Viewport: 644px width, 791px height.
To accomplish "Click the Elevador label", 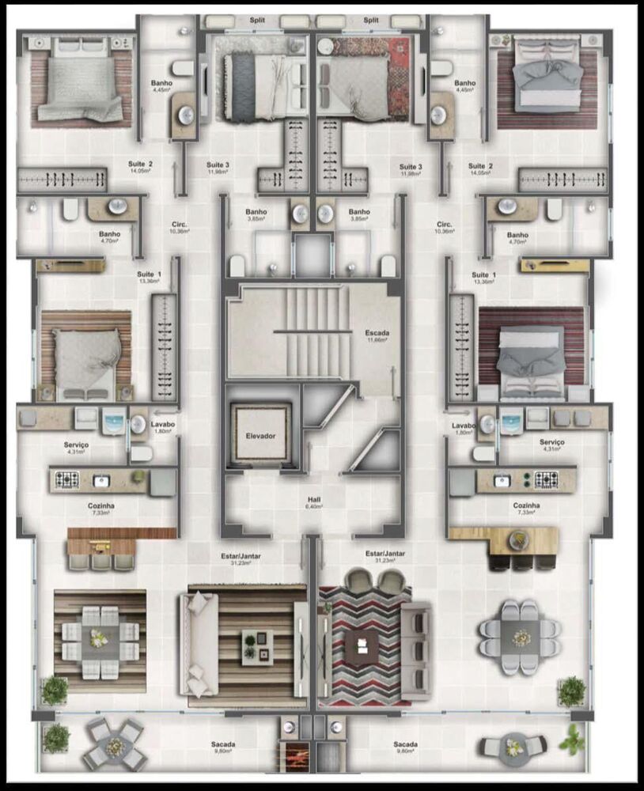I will click(259, 436).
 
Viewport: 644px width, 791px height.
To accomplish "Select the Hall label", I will click(314, 500).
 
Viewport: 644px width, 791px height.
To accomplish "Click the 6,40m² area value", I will click(314, 508).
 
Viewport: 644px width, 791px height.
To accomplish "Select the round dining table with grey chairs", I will click(520, 636).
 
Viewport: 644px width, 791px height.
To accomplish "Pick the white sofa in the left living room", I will click(198, 645).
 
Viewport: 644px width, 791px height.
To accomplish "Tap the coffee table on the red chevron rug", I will click(361, 645).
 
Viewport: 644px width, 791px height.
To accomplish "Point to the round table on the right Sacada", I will click(515, 746).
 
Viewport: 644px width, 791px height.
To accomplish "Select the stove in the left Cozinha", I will click(66, 479).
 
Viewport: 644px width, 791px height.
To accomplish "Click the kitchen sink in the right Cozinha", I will click(502, 479).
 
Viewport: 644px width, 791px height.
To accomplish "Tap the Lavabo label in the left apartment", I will click(162, 424).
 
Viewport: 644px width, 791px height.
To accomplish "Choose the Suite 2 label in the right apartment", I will click(480, 166).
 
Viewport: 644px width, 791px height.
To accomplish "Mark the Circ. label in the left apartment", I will click(178, 225).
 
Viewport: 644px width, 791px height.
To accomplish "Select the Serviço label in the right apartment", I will click(551, 442).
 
